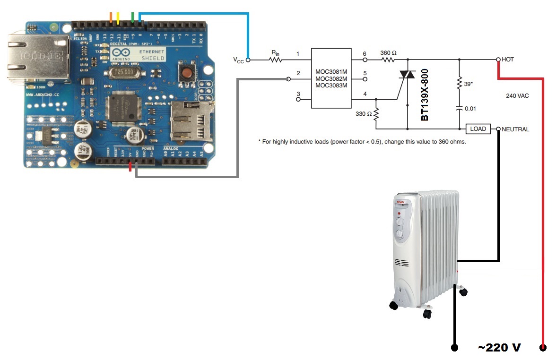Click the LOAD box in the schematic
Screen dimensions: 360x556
[x=478, y=129]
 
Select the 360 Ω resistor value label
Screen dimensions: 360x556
[x=388, y=53]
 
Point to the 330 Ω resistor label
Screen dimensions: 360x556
[x=364, y=114]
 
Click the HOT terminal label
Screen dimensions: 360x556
[x=508, y=60]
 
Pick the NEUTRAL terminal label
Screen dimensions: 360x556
[x=515, y=129]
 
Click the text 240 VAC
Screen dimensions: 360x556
[x=517, y=96]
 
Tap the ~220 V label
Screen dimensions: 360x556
[x=499, y=348]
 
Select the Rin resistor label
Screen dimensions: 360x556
[x=275, y=53]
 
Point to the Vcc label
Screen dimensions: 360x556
[x=239, y=60]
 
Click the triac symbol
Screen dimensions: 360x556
[x=407, y=76]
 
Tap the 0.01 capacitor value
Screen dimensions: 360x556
[x=470, y=109]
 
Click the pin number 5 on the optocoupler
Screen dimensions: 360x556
[x=365, y=73]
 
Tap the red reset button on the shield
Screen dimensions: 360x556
[x=187, y=74]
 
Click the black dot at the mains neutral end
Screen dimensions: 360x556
[x=454, y=348]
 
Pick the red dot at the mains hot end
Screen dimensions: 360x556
[x=542, y=348]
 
